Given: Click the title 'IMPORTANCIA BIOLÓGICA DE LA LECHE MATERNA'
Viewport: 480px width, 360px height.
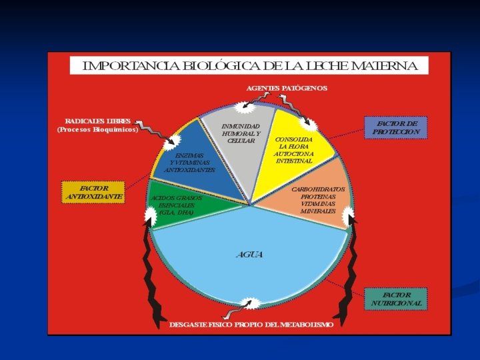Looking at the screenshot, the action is point(249,66).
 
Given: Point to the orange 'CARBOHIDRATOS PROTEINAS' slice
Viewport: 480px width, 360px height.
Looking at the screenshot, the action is point(313,203).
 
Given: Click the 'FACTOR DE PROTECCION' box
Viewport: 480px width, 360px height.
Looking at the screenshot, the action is point(396,127).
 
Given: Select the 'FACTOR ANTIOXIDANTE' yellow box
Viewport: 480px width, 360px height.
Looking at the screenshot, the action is point(94,193).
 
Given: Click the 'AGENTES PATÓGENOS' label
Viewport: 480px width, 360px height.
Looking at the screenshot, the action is point(287,88).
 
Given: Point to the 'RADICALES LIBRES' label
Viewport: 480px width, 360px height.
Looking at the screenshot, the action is point(98,125).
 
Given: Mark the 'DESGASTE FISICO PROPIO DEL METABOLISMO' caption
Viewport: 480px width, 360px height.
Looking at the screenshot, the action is point(251,325).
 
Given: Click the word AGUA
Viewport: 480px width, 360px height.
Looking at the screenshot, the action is point(249,255).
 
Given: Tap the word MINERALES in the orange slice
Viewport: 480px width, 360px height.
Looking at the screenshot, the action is point(317,211).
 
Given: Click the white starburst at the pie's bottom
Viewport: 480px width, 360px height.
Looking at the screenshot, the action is point(250,304).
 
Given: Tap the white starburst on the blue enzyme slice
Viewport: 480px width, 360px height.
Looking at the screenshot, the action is point(175,140).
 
